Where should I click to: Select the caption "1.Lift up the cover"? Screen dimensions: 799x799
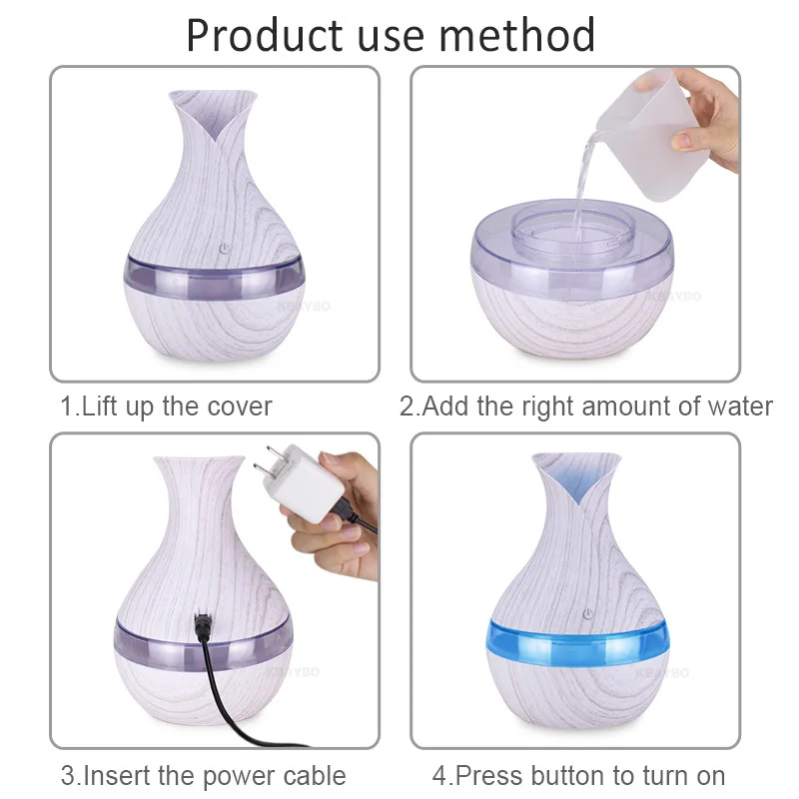(x=166, y=406)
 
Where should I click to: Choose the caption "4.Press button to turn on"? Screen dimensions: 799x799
(x=578, y=775)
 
